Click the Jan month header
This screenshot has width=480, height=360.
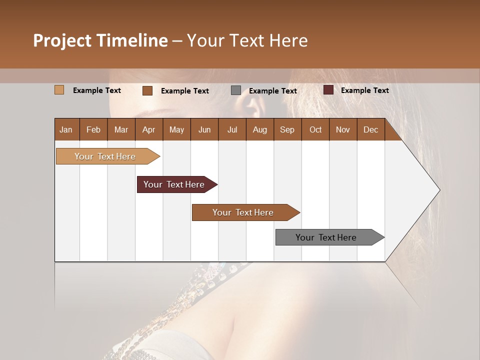pos(66,130)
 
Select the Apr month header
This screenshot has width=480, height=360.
pos(148,130)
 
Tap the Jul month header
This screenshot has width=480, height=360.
pos(232,130)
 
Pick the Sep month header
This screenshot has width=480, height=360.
pos(287,130)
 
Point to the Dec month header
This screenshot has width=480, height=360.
pos(370,130)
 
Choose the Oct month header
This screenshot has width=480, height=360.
pos(315,130)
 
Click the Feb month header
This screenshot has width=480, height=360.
pos(93,130)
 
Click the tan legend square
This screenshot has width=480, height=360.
pos(59,90)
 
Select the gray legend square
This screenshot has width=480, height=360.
pos(236,90)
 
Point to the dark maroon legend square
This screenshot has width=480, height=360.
pos(328,90)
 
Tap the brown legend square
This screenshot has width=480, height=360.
pos(147,90)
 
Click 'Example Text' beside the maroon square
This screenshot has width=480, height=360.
pos(364,90)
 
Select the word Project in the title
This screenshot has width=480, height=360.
pos(62,40)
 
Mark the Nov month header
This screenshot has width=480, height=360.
pos(343,130)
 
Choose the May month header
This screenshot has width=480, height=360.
pos(176,130)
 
